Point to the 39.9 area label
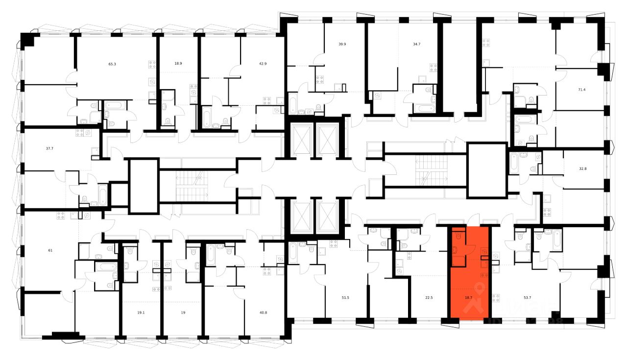pos(342,44)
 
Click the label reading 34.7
pos(417,44)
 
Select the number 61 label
pos(36,250)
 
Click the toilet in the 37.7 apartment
pos(85,199)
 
